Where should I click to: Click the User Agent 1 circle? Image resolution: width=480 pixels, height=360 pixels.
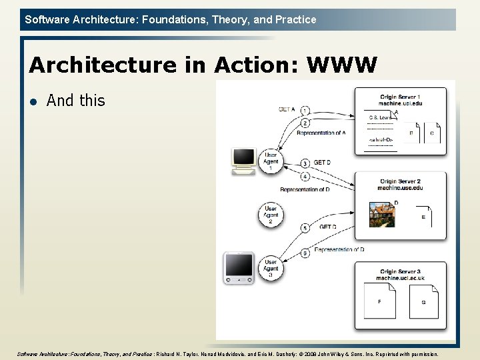[x=271, y=161]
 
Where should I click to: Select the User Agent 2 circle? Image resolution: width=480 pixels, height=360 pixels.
[x=271, y=214]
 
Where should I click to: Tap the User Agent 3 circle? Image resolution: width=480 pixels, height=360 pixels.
[x=271, y=268]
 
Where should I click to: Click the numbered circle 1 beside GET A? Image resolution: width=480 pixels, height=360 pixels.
[x=305, y=110]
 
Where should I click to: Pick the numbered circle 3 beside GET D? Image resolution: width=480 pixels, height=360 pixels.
[x=305, y=163]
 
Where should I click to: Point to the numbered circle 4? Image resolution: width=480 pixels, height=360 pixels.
[x=305, y=177]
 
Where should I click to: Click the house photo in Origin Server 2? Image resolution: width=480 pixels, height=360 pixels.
[x=383, y=215]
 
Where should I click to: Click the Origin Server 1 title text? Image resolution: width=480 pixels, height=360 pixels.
[x=400, y=97]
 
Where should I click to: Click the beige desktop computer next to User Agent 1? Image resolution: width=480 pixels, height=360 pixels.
[x=243, y=161]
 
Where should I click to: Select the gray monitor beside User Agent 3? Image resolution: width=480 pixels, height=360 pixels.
[x=239, y=268]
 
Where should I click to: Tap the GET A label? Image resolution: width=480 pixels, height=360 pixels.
[x=287, y=109]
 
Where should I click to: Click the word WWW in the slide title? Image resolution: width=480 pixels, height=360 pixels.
[x=342, y=65]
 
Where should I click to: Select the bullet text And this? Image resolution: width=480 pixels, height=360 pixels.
[x=76, y=101]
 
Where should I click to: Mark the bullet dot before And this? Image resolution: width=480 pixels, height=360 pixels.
[x=33, y=101]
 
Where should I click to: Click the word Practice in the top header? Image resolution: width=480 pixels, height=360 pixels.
[x=295, y=19]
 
